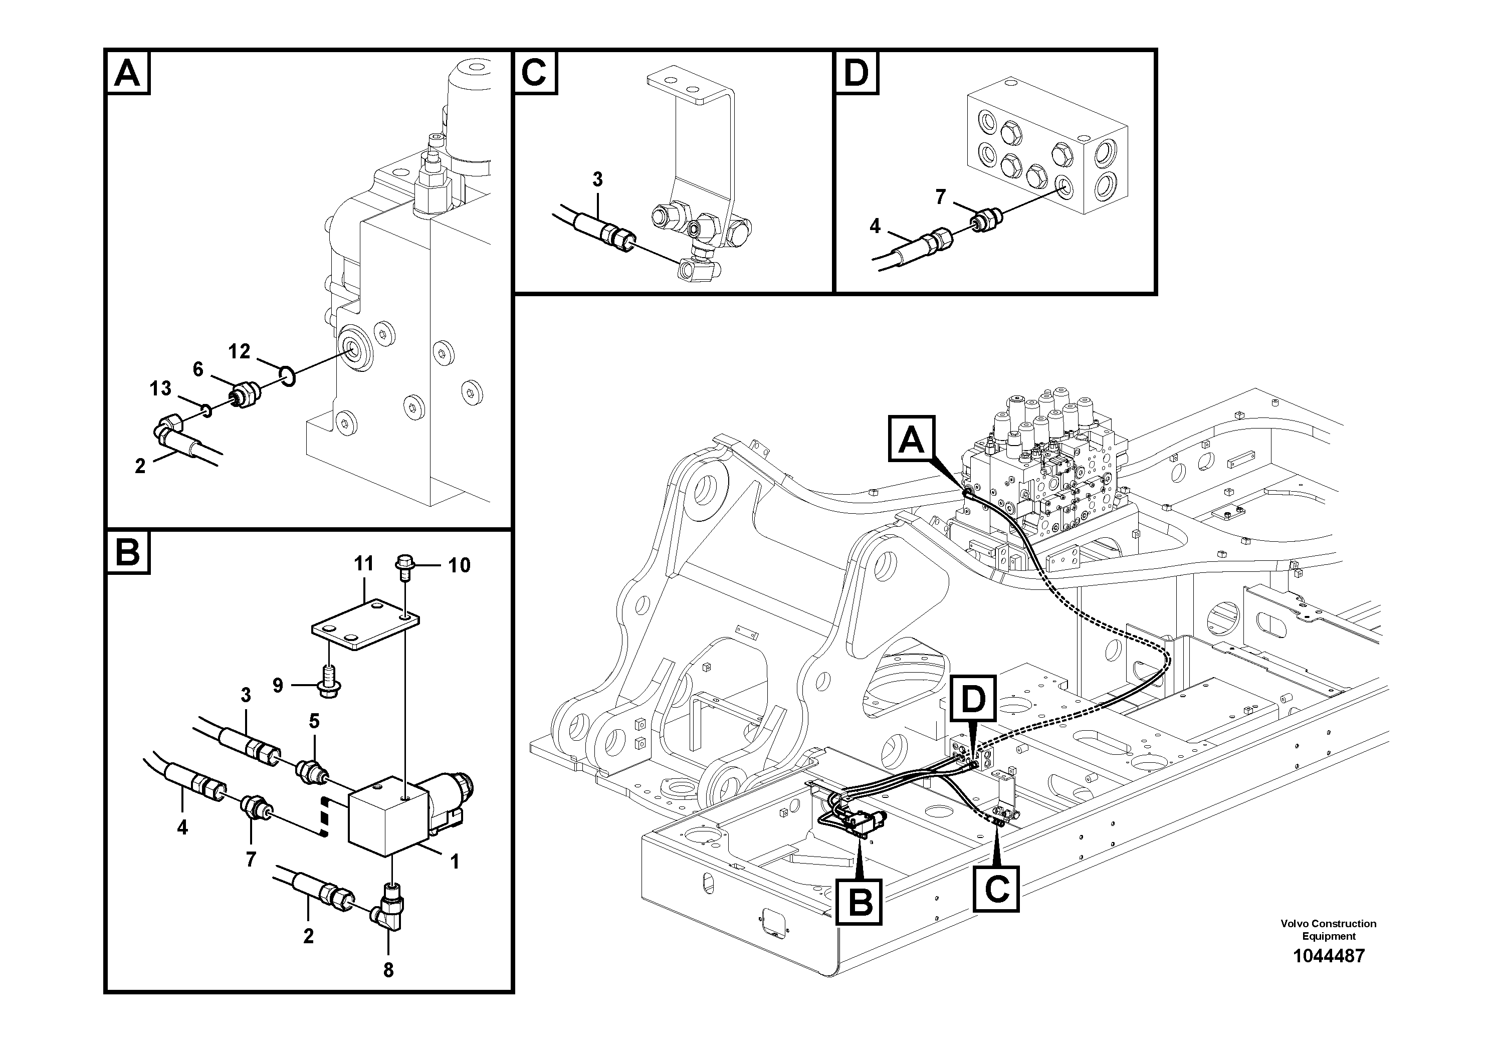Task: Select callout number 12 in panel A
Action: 239,351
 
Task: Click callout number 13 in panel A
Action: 160,388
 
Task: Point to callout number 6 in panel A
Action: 198,369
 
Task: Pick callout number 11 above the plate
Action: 364,563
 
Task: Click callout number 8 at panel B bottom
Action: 388,970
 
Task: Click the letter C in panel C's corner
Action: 534,72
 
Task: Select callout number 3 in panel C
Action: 597,179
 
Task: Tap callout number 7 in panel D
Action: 940,196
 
